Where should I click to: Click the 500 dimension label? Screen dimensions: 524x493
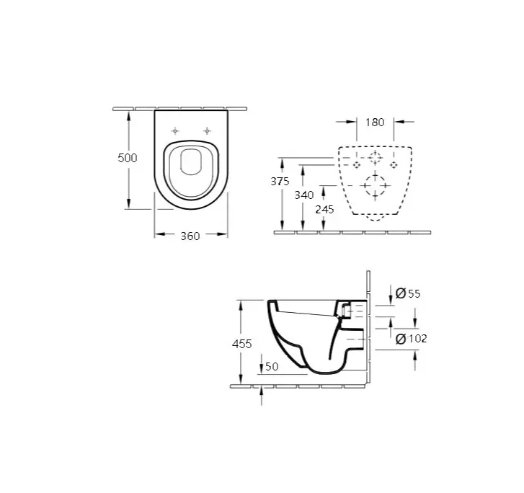(128, 158)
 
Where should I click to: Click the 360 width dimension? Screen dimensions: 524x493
(190, 236)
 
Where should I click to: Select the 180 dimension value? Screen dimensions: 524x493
(375, 123)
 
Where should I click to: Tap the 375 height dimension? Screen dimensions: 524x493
(280, 181)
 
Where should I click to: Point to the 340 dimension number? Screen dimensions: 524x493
(303, 195)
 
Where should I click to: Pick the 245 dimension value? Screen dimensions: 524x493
(324, 210)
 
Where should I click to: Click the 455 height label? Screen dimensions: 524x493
(241, 344)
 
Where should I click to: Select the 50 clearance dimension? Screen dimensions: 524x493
(272, 367)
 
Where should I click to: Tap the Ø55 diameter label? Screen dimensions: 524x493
(408, 293)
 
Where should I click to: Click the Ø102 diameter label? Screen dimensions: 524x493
(411, 339)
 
